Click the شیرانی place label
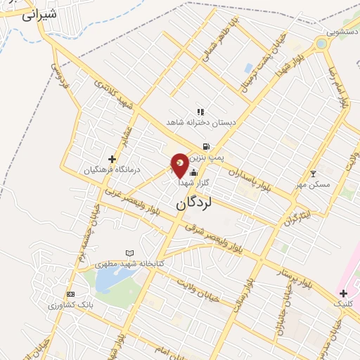[39, 15]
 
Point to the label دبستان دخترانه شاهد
[199, 122]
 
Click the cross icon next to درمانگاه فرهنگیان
[112, 159]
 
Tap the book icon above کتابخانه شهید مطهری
[129, 253]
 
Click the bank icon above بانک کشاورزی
[70, 294]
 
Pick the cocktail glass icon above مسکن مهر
[314, 173]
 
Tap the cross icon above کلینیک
[343, 292]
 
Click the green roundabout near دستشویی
[321, 44]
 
